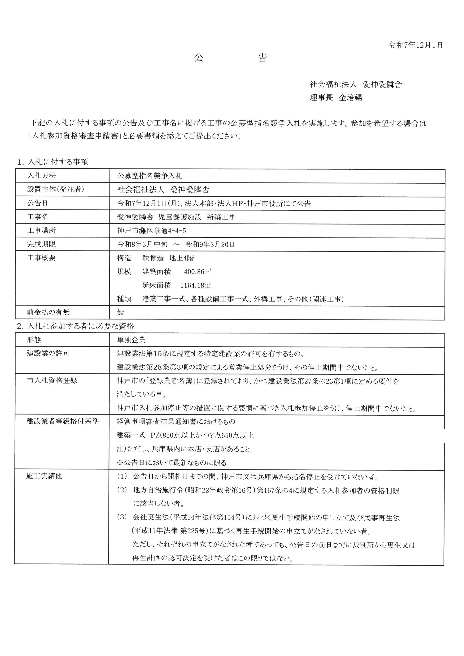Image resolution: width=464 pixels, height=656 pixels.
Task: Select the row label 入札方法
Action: [x=41, y=176]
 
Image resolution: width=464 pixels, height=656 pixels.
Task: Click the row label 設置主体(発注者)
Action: [x=55, y=189]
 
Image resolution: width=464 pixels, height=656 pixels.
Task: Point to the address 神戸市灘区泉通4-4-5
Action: [x=152, y=230]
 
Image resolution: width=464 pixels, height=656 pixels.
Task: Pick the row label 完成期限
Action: [x=41, y=244]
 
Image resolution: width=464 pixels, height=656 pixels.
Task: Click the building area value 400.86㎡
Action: [x=197, y=272]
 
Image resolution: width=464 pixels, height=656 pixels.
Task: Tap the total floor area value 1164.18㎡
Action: [x=196, y=285]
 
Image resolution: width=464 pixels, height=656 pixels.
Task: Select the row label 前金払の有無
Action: [x=48, y=312]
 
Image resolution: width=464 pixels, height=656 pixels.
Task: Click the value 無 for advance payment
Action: [x=120, y=312]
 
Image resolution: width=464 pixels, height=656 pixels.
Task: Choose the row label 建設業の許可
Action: [x=48, y=353]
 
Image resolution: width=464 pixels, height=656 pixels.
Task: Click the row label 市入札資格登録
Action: [x=52, y=381]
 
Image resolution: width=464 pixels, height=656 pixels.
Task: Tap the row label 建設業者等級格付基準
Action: [x=63, y=421]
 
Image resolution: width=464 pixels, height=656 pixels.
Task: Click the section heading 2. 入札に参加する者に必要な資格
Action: [x=75, y=326]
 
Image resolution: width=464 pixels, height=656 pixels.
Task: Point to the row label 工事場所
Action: [x=41, y=230]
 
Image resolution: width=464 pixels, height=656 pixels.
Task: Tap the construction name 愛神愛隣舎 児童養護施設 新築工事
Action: [x=176, y=217]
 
